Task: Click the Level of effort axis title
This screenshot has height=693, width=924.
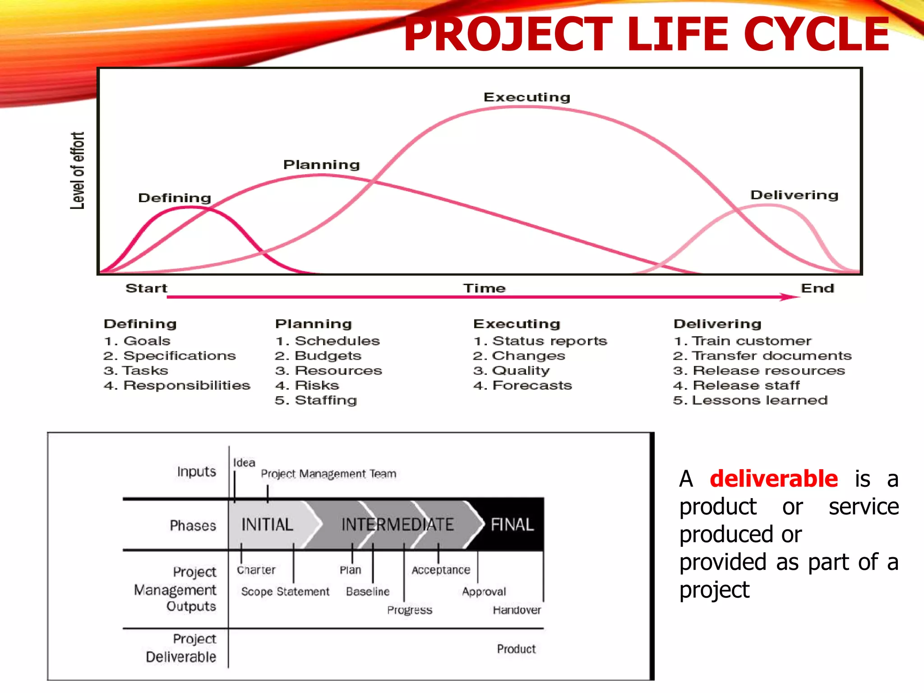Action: pos(77,171)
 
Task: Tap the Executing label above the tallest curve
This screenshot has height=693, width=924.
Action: pos(527,97)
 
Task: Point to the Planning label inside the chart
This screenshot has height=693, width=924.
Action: pos(321,164)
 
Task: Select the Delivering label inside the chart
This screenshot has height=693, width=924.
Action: pos(794,195)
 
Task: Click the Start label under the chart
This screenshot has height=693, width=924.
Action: pos(146,288)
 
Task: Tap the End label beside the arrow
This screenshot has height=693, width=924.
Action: pos(817,288)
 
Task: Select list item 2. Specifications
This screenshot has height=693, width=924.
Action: pos(170,356)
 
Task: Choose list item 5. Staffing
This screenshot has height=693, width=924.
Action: pos(316,400)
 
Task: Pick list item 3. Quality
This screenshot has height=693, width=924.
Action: pos(511,370)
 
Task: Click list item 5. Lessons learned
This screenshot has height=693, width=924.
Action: pos(750,400)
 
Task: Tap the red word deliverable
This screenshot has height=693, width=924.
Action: pos(773,479)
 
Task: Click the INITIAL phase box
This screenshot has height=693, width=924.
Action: pos(267,525)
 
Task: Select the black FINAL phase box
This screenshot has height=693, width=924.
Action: pos(512,525)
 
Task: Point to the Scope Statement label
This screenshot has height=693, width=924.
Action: pos(285,591)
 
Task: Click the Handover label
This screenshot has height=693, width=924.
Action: pos(517,610)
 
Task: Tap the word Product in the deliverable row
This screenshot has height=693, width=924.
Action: pos(516,649)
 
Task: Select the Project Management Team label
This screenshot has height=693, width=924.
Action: pos(328,474)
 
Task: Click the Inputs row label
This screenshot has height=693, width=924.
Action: pos(196,471)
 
